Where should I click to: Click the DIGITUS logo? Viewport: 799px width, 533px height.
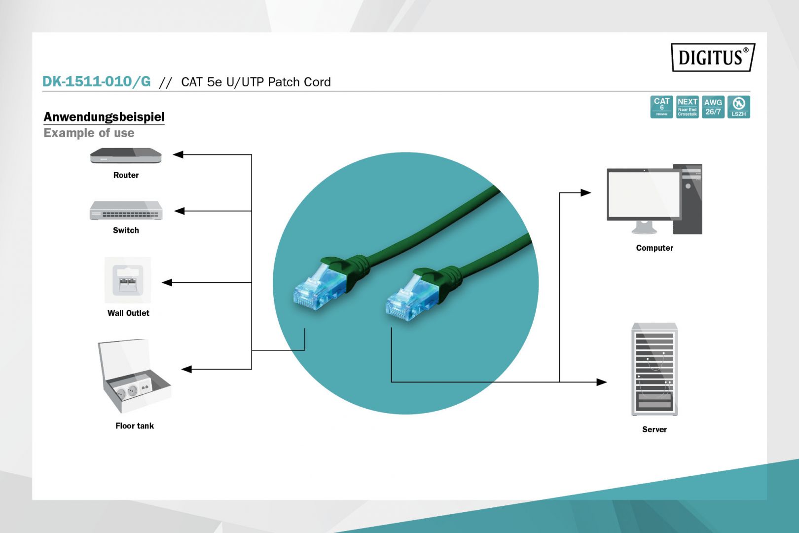[712, 57]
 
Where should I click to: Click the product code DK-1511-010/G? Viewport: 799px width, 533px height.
[96, 81]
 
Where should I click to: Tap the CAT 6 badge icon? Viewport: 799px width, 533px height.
[661, 107]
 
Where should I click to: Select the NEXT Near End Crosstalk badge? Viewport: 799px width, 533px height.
[687, 107]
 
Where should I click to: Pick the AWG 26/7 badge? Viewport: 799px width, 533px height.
[713, 107]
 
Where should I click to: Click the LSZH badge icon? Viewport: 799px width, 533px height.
[738, 107]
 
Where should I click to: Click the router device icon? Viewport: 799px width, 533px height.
[126, 156]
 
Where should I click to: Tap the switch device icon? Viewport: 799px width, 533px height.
[126, 211]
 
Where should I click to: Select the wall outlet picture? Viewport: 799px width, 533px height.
[128, 280]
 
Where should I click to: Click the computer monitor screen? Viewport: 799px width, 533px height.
[644, 194]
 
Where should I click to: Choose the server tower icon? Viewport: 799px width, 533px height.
[654, 369]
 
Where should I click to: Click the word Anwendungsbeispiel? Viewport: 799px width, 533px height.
[104, 117]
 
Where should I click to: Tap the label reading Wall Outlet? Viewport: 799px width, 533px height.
[128, 313]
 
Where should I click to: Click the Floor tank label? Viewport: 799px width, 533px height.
[135, 426]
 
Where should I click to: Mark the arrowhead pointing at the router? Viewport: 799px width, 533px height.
[178, 154]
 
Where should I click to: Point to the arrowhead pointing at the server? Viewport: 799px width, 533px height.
[602, 382]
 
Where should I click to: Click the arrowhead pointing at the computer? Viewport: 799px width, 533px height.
[586, 192]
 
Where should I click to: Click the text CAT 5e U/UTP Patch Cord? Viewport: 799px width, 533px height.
[255, 82]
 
